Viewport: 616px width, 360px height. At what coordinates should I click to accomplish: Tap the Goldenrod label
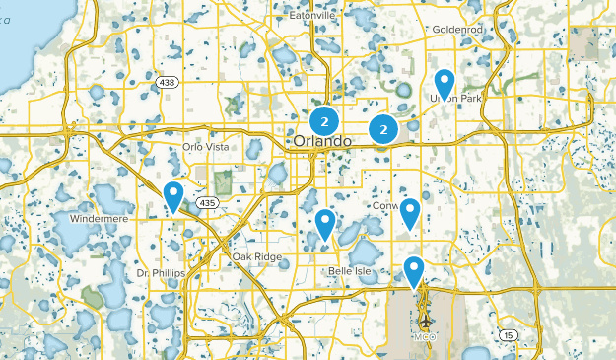457,31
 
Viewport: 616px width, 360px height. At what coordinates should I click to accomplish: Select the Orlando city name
321,142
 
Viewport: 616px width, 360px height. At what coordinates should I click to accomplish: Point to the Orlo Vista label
205,147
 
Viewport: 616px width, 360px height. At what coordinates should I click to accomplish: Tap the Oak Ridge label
257,256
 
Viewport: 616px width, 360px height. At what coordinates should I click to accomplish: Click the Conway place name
391,207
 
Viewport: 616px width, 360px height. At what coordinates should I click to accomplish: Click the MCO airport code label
426,337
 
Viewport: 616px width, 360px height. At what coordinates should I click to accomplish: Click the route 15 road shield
510,334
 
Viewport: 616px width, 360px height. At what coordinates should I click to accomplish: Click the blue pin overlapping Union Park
445,85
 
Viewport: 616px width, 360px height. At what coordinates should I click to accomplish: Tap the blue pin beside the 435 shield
174,196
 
